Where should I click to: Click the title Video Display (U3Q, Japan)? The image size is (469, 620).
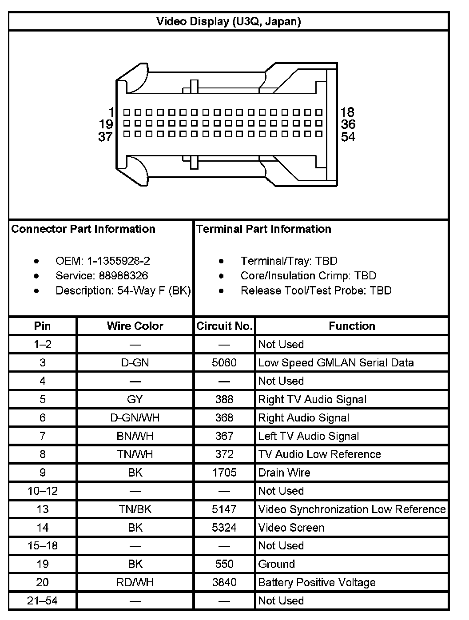tap(229, 21)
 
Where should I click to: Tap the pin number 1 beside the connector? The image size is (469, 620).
tap(111, 112)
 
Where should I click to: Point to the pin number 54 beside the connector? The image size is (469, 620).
tap(348, 137)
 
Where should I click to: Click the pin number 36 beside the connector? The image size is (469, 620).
tap(348, 124)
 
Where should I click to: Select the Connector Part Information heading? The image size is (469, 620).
tap(83, 229)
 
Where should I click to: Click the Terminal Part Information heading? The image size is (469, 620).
tap(264, 229)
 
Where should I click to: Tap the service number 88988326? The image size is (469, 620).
tap(123, 276)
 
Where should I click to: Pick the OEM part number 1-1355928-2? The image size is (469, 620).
tap(115, 261)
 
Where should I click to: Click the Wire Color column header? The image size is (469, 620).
tap(135, 326)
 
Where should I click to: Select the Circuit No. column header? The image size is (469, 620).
tap(224, 326)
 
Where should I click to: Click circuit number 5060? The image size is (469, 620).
tap(224, 363)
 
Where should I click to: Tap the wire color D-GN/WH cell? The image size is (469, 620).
tap(135, 418)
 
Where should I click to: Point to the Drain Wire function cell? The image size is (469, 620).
tap(284, 473)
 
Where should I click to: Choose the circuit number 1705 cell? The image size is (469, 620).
tap(224, 473)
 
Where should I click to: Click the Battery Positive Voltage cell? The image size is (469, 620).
tap(317, 582)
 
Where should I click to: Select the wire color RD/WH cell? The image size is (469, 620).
tap(135, 582)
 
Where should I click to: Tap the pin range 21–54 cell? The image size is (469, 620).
tap(43, 601)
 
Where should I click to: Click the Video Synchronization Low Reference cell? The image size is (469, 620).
tap(352, 509)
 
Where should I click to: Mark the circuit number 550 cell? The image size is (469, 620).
tap(224, 564)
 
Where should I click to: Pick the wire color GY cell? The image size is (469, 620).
tap(135, 399)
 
